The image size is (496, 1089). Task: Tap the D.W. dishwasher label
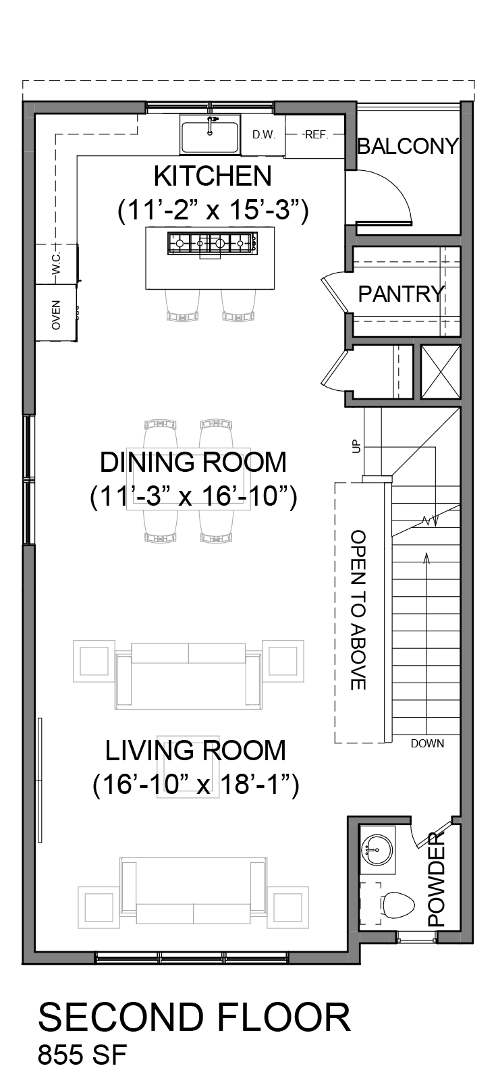[x=264, y=134]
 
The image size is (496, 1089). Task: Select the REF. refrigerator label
[x=316, y=134]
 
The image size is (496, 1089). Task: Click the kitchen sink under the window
[x=209, y=135]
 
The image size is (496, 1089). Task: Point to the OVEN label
[x=56, y=315]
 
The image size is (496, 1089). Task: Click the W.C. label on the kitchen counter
[x=56, y=263]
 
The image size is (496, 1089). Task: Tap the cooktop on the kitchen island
[x=212, y=242]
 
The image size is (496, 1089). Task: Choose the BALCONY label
[x=407, y=146]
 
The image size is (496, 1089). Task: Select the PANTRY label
[x=401, y=294]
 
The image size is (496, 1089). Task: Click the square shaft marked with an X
[x=441, y=372]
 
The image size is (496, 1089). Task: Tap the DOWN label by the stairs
[x=427, y=743]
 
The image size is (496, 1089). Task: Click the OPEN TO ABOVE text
[x=358, y=610]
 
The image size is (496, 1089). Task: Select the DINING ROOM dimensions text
[x=194, y=497]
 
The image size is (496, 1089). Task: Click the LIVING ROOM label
[x=195, y=750]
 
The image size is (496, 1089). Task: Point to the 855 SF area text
[x=82, y=1055]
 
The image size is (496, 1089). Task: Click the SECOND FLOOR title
[x=194, y=1017]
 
